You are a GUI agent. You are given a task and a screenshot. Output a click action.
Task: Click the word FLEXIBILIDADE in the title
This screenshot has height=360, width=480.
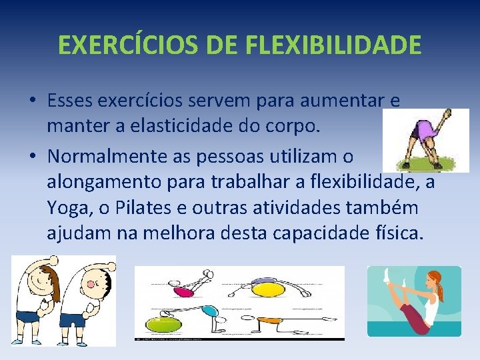333,45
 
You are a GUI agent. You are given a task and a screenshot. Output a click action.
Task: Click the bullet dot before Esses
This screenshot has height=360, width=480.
32,101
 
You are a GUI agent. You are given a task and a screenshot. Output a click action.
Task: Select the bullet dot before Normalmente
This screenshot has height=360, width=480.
32,157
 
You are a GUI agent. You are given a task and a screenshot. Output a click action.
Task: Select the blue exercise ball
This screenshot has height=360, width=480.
209,311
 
